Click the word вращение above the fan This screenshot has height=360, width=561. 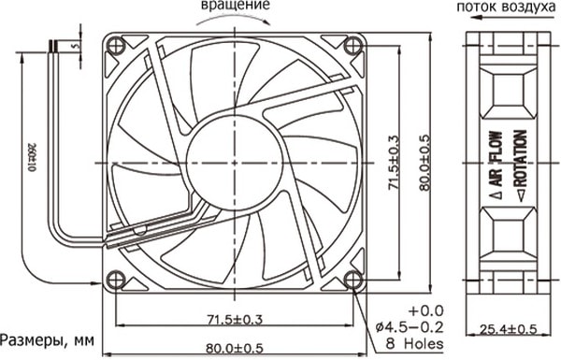point(235,5)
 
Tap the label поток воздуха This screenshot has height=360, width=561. point(506,7)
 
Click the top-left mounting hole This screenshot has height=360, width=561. point(117,46)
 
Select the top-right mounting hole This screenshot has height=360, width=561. point(353,46)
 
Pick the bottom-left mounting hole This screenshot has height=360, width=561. point(117,280)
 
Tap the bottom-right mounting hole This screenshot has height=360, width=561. point(353,280)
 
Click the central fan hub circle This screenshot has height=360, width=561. point(235,163)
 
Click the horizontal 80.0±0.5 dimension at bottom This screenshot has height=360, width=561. point(235,348)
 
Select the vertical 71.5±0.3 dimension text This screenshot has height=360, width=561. point(394,163)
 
